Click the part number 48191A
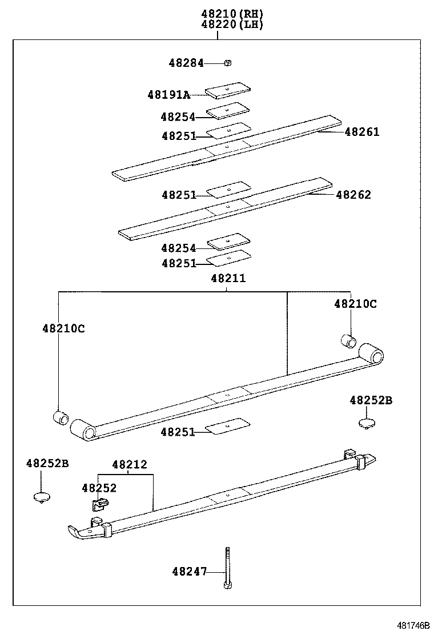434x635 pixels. tap(168, 95)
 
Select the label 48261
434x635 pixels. tap(362, 132)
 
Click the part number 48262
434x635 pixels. tap(353, 195)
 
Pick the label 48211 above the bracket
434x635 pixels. tap(228, 278)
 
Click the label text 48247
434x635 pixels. tap(190, 571)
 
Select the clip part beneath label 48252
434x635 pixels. tap(100, 504)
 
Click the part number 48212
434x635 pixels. tap(129, 465)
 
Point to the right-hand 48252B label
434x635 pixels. tap(371, 401)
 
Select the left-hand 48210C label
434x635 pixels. tap(63, 328)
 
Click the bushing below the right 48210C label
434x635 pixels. tap(348, 341)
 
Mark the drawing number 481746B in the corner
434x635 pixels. tap(410, 626)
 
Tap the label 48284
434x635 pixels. tap(186, 63)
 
